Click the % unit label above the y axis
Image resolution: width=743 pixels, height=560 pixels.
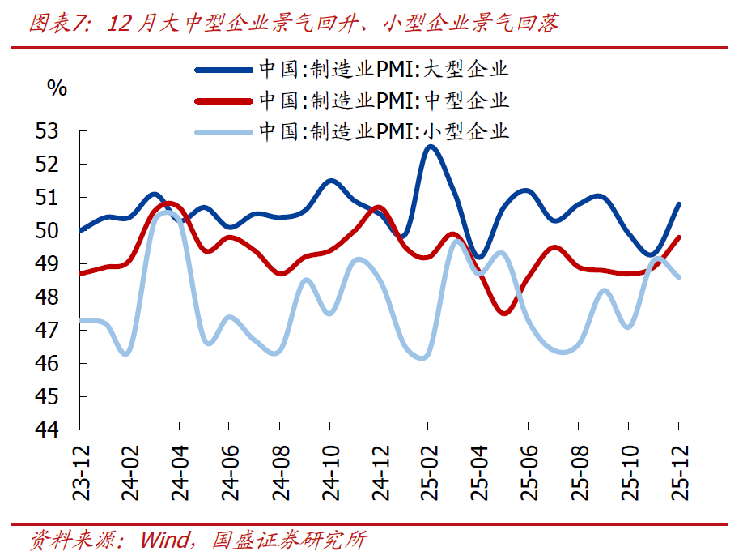click(x=57, y=88)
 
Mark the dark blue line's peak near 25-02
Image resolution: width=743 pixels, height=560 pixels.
click(x=431, y=147)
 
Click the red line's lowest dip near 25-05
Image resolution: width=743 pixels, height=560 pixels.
click(x=504, y=313)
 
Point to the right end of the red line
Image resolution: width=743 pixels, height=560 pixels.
click(x=678, y=237)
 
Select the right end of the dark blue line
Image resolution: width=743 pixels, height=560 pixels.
click(x=678, y=204)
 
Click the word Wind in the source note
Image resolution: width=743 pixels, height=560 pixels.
click(x=166, y=540)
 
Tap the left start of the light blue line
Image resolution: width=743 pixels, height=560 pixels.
click(x=81, y=320)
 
